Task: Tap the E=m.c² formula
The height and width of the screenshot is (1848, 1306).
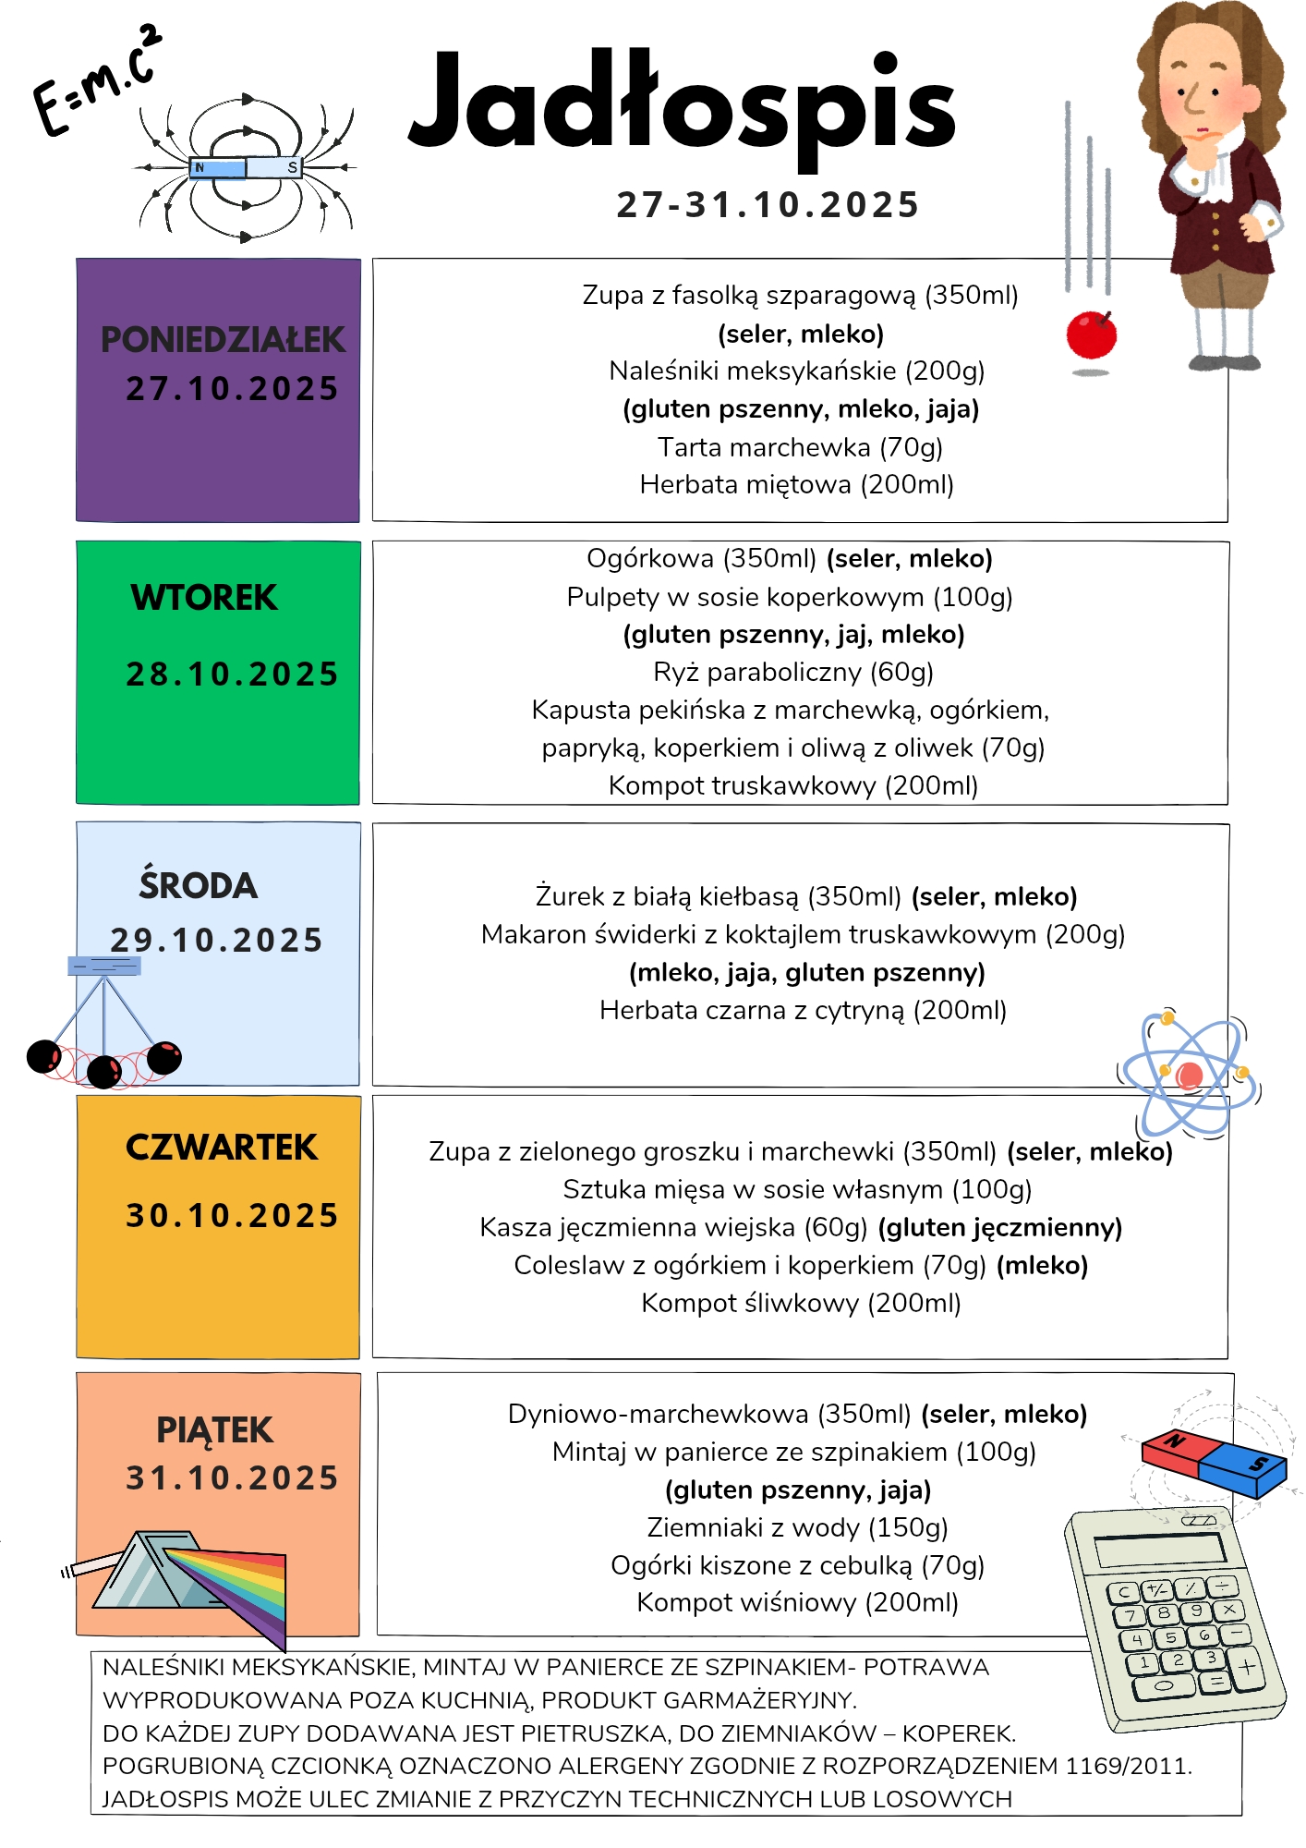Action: coord(97,81)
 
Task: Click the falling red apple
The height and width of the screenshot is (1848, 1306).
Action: coord(1092,334)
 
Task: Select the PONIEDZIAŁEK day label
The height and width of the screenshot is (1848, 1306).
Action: coord(223,340)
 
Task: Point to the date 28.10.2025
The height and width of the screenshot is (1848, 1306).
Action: coord(232,675)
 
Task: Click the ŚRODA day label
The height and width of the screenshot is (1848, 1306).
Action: coord(198,885)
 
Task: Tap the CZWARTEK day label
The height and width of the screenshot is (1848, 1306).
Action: coord(222,1148)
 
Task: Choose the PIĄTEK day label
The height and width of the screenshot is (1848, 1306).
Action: coord(214,1430)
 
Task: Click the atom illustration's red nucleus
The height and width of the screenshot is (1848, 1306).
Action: coord(1190,1076)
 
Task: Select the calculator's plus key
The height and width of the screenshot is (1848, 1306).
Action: coord(1247,1668)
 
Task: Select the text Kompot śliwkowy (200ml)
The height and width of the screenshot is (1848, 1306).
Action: coord(801,1303)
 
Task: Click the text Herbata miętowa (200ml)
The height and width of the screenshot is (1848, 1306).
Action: coord(796,485)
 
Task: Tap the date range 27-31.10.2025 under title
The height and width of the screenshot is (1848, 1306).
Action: coord(768,205)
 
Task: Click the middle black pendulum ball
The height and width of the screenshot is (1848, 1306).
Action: coord(104,1071)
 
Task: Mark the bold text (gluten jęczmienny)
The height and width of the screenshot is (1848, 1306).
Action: coord(999,1227)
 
